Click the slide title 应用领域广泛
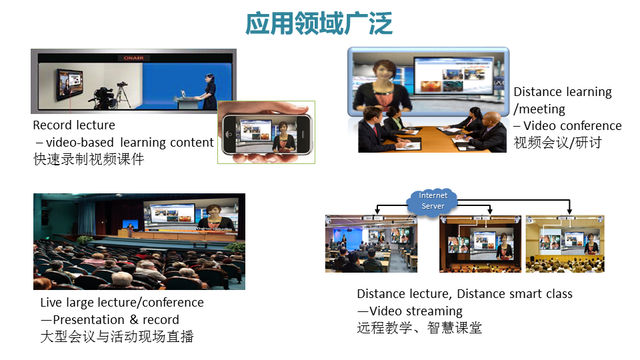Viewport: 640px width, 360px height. tap(319, 23)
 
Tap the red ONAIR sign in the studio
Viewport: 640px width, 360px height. tap(133, 58)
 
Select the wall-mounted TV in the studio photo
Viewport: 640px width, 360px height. tap(69, 85)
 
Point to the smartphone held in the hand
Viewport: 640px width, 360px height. tap(267, 134)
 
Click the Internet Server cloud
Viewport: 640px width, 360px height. tap(432, 201)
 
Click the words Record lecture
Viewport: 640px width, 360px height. tap(74, 125)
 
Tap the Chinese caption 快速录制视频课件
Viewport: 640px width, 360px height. tap(89, 159)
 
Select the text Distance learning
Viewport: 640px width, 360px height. tap(563, 92)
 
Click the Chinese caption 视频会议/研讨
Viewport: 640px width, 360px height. tap(557, 143)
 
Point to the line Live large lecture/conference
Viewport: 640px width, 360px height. tap(122, 303)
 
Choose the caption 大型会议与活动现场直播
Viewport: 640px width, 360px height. tap(117, 336)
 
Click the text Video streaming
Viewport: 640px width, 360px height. tap(416, 311)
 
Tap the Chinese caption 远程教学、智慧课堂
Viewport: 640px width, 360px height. tap(419, 328)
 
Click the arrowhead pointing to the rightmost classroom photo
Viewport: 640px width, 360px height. tap(569, 211)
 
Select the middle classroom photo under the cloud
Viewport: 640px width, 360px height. tap(481, 244)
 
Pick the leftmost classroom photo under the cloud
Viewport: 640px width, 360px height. tap(371, 244)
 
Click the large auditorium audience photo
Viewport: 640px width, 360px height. tap(139, 241)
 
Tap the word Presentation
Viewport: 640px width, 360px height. tap(89, 319)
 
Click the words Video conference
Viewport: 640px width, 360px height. tap(573, 126)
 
